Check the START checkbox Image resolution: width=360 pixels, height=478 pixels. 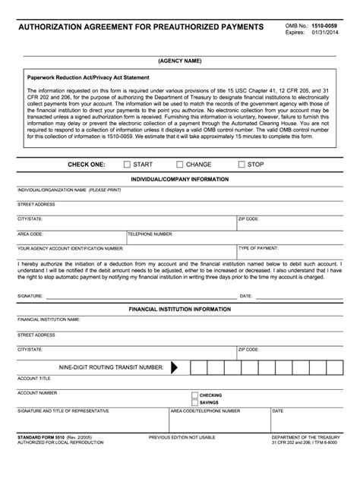click(x=127, y=164)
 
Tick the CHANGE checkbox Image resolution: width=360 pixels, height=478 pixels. click(x=180, y=164)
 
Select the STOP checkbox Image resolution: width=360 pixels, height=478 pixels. click(x=242, y=164)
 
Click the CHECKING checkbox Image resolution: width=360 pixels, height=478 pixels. click(x=194, y=395)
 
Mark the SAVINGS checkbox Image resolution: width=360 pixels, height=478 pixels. click(x=194, y=402)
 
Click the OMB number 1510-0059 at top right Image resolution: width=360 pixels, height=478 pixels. click(x=327, y=27)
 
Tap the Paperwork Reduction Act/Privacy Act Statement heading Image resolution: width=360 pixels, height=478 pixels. click(x=88, y=77)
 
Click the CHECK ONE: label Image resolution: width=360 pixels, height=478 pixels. click(x=87, y=164)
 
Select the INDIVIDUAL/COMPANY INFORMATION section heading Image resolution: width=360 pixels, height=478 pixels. click(x=180, y=179)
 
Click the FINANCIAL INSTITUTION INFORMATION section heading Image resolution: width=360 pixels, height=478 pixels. click(x=180, y=310)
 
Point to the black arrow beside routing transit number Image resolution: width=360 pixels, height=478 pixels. click(x=175, y=367)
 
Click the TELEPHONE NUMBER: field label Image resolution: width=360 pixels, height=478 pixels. click(x=150, y=234)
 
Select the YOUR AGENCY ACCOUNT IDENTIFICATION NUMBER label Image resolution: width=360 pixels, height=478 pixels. click(x=70, y=248)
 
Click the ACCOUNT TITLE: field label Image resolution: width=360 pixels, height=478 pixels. click(x=34, y=378)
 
